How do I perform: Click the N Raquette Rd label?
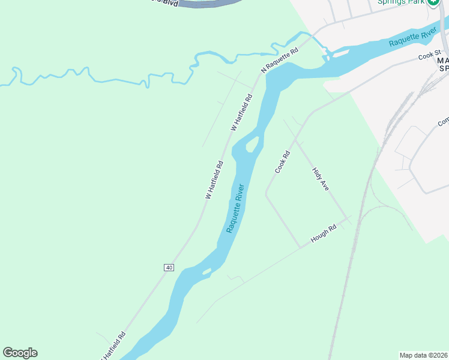(279, 61)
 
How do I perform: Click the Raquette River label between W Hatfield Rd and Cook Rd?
(236, 208)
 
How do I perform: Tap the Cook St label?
(430, 56)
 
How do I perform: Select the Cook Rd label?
(283, 161)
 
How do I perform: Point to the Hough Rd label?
(324, 235)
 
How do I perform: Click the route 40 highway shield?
(169, 267)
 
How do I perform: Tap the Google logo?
(20, 353)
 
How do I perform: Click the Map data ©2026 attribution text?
(424, 355)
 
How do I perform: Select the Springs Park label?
(401, 2)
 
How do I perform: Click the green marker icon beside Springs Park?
(433, 2)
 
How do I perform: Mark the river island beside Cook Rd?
(252, 144)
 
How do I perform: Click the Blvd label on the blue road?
(170, 2)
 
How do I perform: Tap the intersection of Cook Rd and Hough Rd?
(300, 247)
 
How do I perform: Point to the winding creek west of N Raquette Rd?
(120, 80)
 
